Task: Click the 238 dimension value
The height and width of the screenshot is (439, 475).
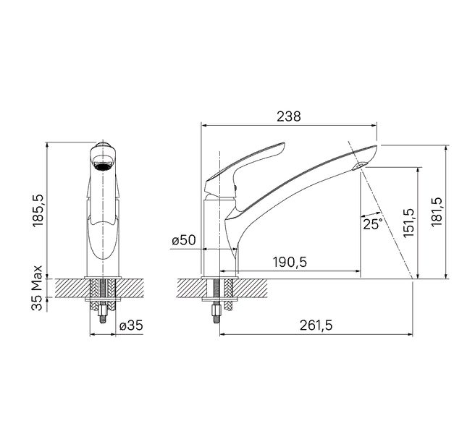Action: coord(289,116)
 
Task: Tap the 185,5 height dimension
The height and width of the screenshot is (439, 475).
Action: coord(38,210)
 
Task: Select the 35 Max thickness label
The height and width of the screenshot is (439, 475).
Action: coord(37,288)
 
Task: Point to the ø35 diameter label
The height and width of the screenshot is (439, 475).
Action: coord(131,325)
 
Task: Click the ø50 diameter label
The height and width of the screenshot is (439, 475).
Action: coord(184,240)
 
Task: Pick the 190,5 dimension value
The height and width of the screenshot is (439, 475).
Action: coord(290,262)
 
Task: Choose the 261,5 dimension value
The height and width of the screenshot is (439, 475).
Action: coord(316,325)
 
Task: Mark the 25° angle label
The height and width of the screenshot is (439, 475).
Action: coord(373,224)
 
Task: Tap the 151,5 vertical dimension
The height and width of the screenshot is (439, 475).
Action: coord(408,222)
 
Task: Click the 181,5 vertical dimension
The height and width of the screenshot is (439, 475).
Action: coord(437,212)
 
